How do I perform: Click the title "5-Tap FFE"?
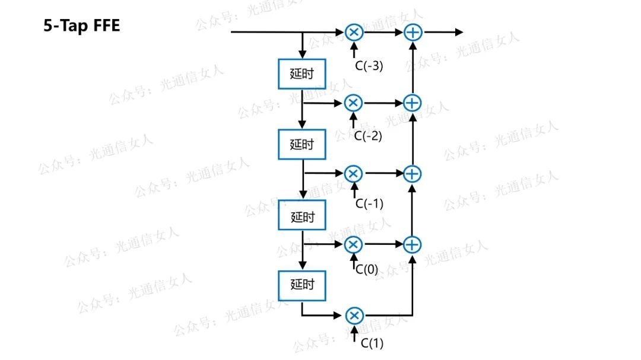click(x=81, y=26)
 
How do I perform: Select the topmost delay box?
click(x=302, y=74)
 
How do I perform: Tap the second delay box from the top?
click(x=302, y=145)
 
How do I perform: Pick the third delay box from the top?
click(x=302, y=216)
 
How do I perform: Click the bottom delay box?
click(x=302, y=285)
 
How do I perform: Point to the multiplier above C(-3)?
click(x=353, y=32)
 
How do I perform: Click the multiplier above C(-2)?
click(x=353, y=103)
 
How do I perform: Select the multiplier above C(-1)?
click(x=353, y=173)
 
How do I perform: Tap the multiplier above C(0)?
click(x=353, y=244)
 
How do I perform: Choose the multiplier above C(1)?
click(x=353, y=314)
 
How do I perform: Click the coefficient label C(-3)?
click(x=369, y=66)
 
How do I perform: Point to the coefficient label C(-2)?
click(x=368, y=136)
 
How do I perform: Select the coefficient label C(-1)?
click(x=369, y=204)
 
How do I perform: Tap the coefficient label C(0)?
click(x=366, y=269)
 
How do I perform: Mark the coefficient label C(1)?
click(x=372, y=342)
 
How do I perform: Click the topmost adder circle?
click(x=412, y=32)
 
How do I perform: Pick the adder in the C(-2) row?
click(x=412, y=103)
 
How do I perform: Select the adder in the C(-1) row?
click(x=412, y=173)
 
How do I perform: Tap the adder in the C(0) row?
click(x=412, y=244)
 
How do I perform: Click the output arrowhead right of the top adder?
click(x=459, y=32)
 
